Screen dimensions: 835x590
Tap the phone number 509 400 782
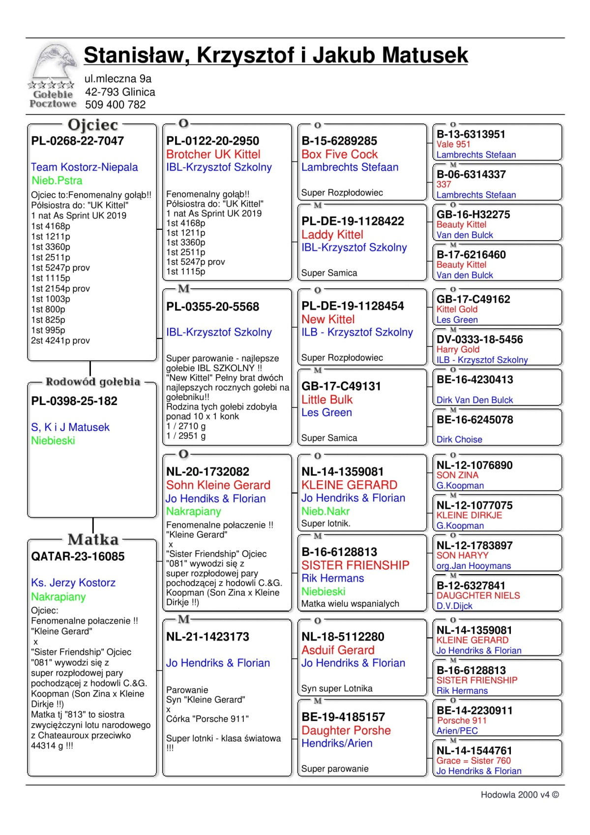click(x=115, y=105)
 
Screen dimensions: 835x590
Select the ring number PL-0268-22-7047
click(x=78, y=141)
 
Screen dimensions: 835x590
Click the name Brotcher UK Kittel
click(x=213, y=155)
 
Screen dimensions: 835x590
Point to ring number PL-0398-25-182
click(x=74, y=402)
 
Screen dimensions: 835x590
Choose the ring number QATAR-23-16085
click(x=78, y=557)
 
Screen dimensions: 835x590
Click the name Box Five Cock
click(x=339, y=155)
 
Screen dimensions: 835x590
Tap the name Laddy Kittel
click(x=332, y=235)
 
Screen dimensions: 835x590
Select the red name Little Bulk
click(x=327, y=400)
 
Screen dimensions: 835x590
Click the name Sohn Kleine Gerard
click(x=218, y=485)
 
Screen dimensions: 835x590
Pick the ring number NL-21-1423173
click(x=207, y=637)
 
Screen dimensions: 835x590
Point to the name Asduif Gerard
click(x=338, y=650)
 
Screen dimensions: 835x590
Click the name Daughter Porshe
click(x=346, y=731)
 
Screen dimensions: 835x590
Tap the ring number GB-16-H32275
click(x=473, y=215)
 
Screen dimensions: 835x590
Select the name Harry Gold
click(x=458, y=349)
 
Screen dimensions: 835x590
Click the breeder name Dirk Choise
click(x=459, y=440)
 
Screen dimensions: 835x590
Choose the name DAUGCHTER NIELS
click(x=478, y=596)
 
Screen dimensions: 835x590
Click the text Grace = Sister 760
click(x=473, y=761)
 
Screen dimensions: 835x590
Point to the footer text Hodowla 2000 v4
click(x=519, y=795)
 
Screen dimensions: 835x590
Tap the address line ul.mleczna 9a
click(x=118, y=79)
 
